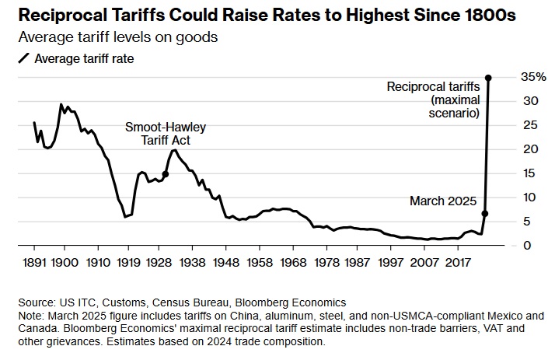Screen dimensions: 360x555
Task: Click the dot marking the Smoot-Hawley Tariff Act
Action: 165,174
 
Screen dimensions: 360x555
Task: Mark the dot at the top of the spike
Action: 488,78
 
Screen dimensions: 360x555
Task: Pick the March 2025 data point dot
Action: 485,213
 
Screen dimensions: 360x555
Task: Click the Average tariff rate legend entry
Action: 86,58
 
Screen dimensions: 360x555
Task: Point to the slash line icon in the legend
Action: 25,58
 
